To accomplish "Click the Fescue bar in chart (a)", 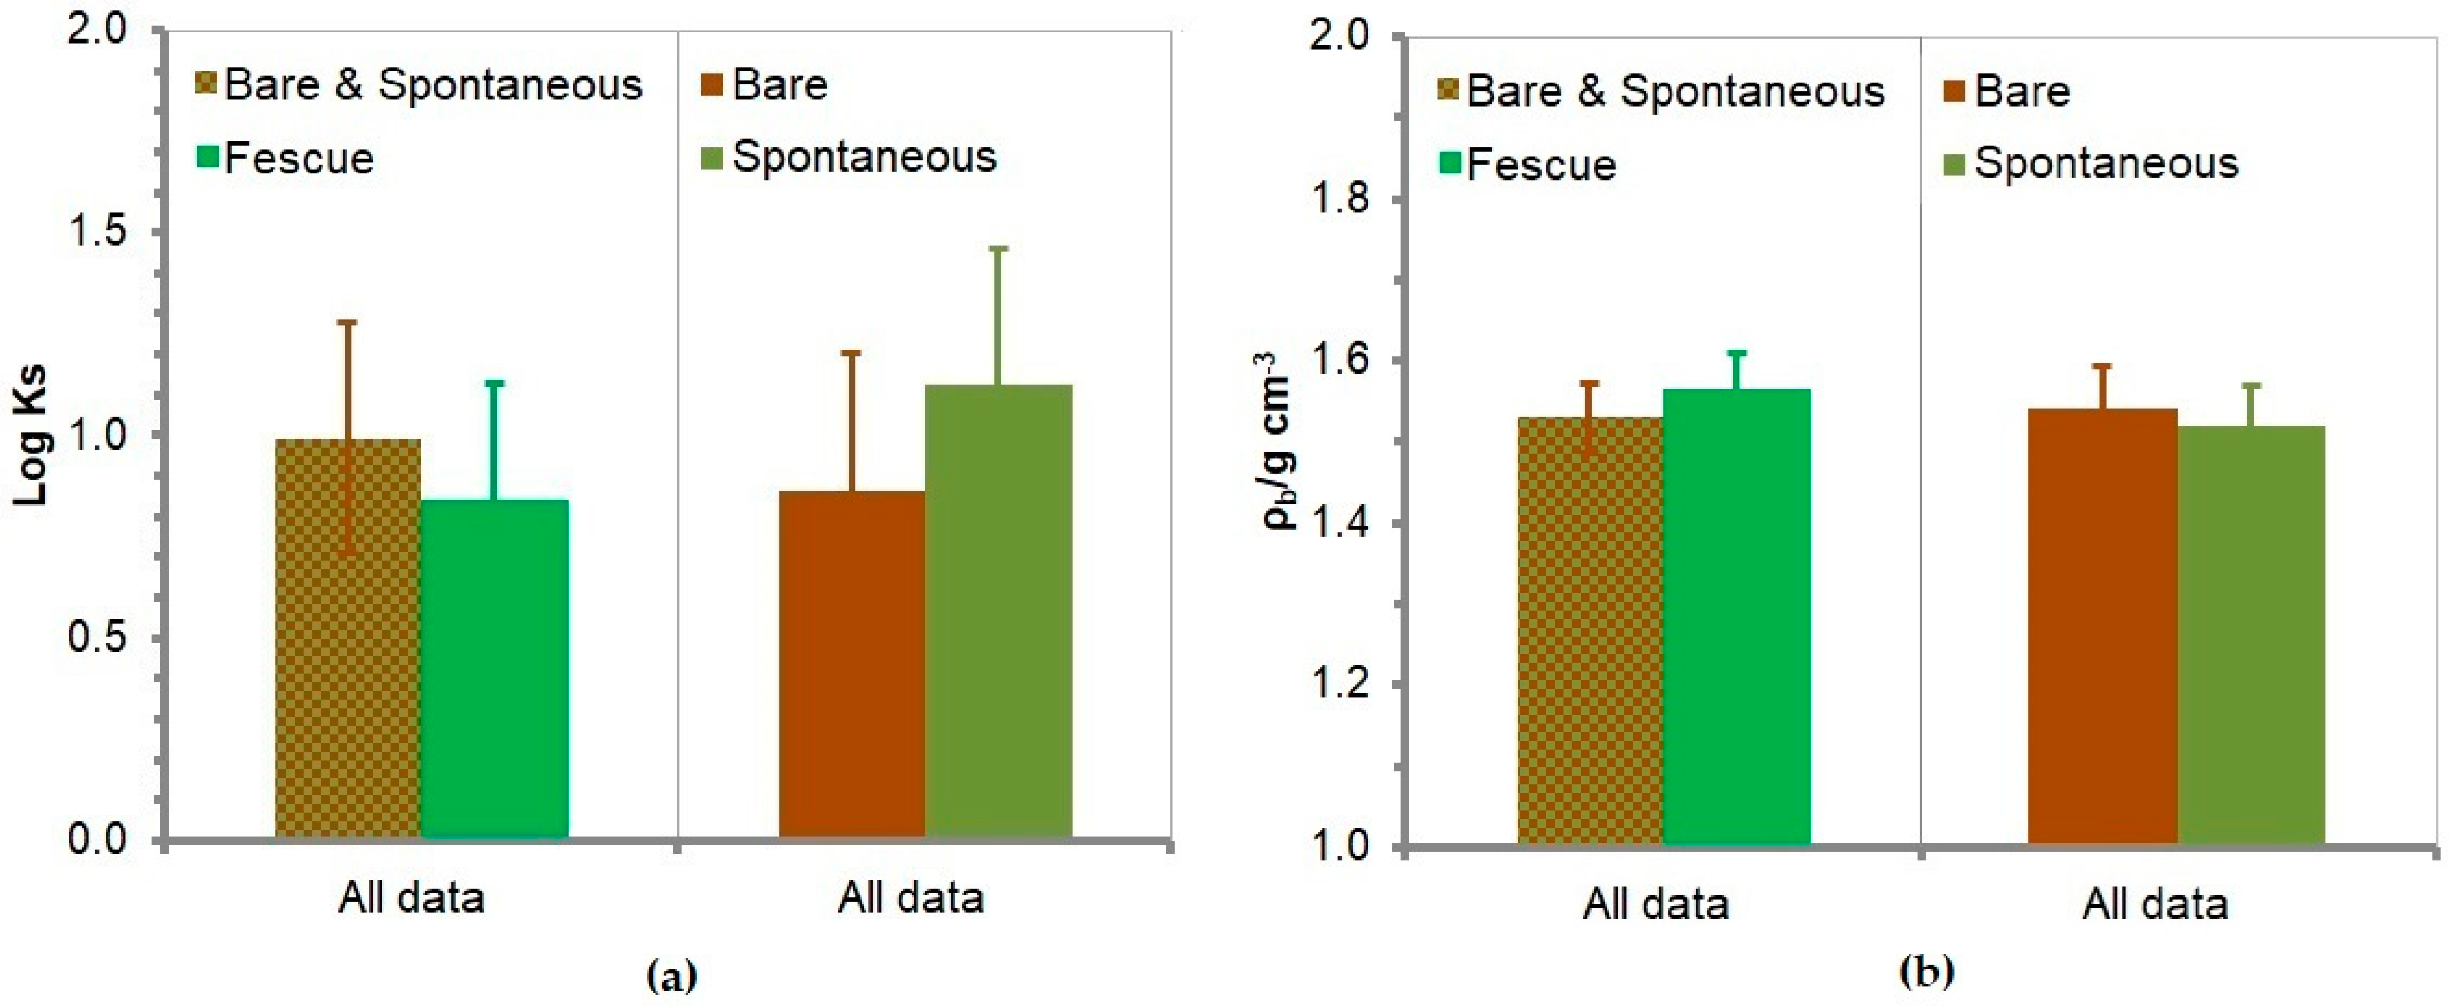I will [494, 667].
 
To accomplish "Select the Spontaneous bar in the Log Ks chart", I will [997, 610].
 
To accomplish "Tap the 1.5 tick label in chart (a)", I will [98, 233].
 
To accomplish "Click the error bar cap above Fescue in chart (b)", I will [1736, 353].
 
